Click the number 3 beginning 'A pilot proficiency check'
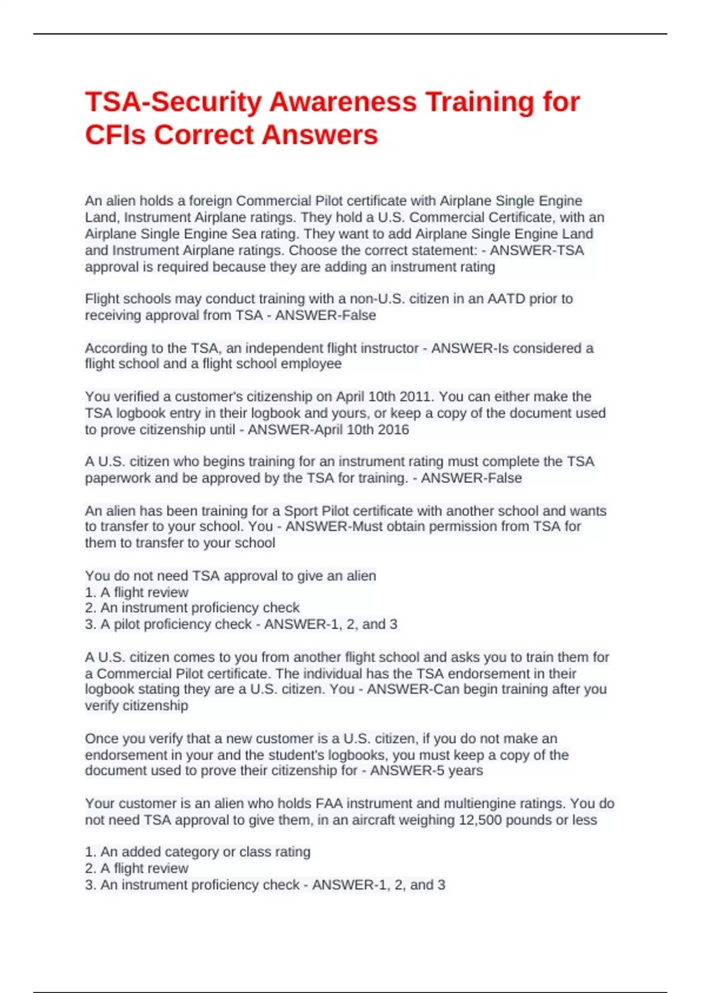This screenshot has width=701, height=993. (90, 624)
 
